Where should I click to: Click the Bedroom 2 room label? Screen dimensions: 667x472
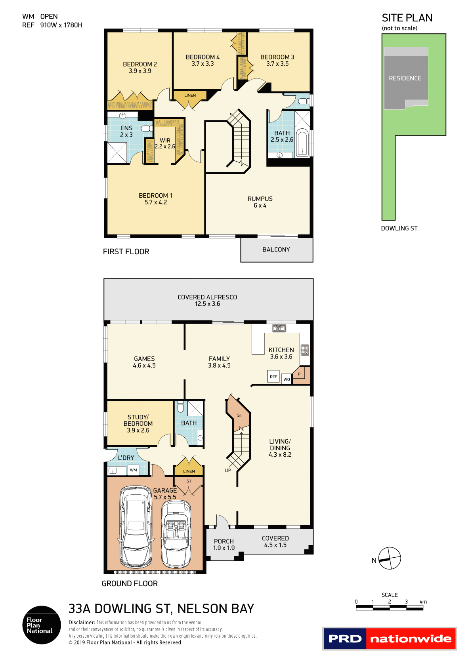[140, 67]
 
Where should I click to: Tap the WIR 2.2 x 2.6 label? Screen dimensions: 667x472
[165, 143]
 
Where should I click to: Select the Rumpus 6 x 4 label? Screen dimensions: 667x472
[260, 202]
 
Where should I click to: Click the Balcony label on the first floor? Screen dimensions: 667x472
[276, 250]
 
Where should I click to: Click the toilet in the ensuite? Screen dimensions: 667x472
[147, 128]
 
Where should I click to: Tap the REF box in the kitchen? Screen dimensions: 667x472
[273, 377]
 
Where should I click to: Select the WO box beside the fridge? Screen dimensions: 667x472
[287, 379]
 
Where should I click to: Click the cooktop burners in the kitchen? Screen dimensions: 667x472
[305, 350]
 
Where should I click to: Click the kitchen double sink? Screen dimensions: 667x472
[279, 328]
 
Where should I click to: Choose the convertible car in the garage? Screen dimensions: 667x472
[176, 533]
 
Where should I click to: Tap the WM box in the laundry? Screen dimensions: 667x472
[134, 470]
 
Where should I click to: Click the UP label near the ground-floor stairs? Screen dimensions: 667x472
[228, 471]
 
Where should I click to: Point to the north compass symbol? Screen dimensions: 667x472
[390, 558]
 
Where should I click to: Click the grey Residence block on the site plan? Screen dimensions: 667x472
[405, 78]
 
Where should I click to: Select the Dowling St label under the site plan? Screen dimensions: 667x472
[399, 229]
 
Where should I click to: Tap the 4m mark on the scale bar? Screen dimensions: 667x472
[423, 602]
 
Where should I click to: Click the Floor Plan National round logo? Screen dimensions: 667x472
[42, 625]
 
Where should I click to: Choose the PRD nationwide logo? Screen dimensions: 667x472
[390, 639]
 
